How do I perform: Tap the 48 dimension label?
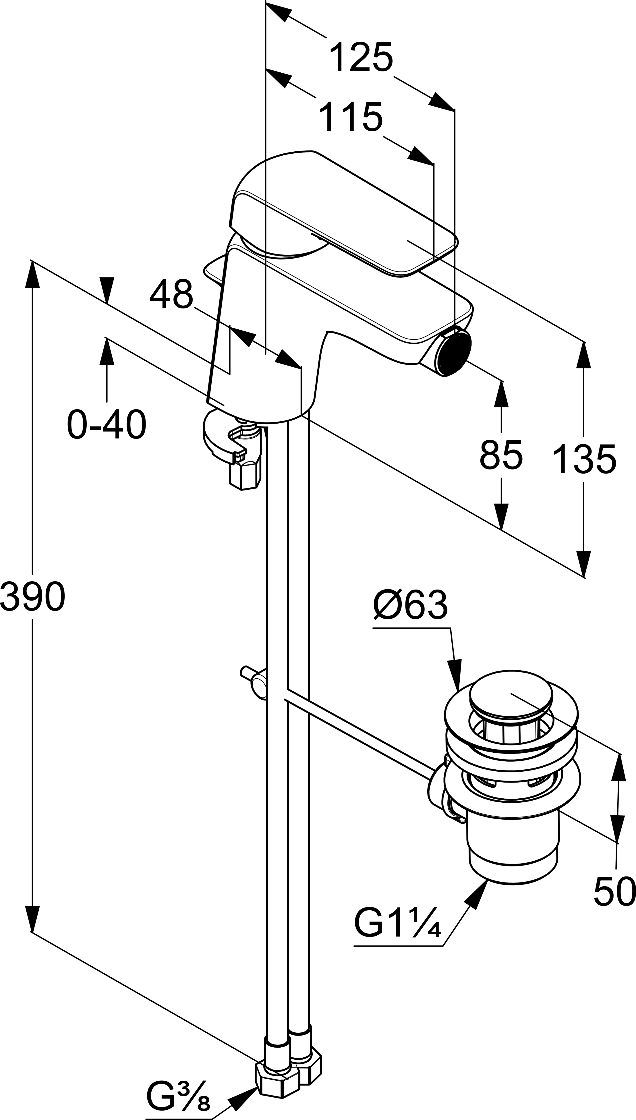coord(171,294)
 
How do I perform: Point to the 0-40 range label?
coord(107,424)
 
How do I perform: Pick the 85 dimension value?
coord(501,455)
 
